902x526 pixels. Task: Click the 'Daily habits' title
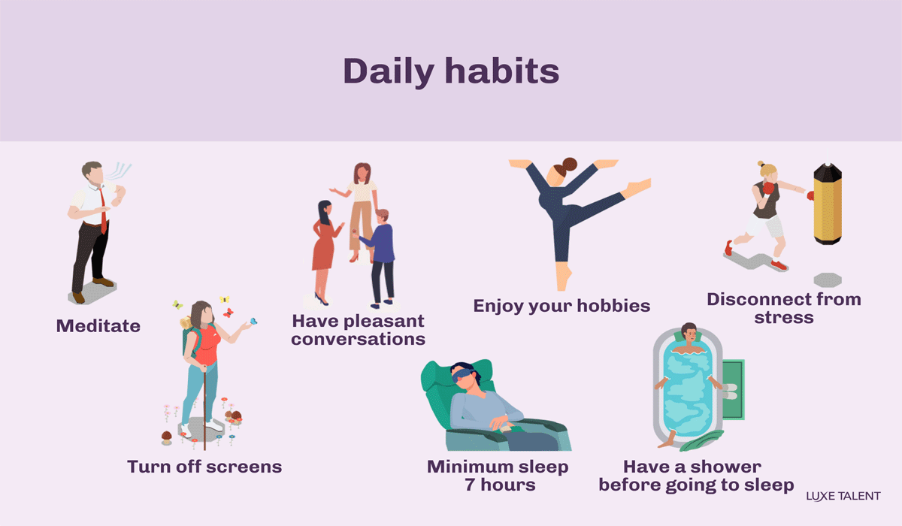coord(451,71)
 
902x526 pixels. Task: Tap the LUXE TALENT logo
coord(843,496)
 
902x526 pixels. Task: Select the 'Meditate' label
coord(98,326)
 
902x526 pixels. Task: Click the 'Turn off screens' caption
coord(204,467)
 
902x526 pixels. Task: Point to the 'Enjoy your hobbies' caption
coord(561,306)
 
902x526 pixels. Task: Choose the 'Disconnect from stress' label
coord(784,308)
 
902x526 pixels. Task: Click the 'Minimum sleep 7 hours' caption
coord(498,476)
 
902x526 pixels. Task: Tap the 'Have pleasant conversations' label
coord(359,330)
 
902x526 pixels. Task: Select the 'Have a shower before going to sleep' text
coord(696,476)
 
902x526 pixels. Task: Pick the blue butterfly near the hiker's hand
coord(253,321)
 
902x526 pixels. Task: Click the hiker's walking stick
coord(202,406)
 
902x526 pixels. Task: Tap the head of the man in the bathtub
coord(688,331)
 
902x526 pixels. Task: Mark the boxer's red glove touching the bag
coord(810,195)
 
